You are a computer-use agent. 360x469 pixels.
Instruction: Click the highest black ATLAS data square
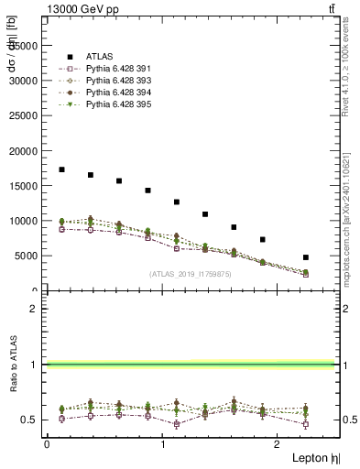click(61, 169)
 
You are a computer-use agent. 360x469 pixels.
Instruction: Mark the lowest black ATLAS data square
click(306, 257)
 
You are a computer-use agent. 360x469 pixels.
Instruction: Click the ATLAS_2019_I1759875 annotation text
click(191, 273)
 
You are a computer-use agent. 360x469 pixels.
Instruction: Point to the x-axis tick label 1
click(163, 444)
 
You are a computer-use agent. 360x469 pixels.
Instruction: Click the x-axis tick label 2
click(279, 444)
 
